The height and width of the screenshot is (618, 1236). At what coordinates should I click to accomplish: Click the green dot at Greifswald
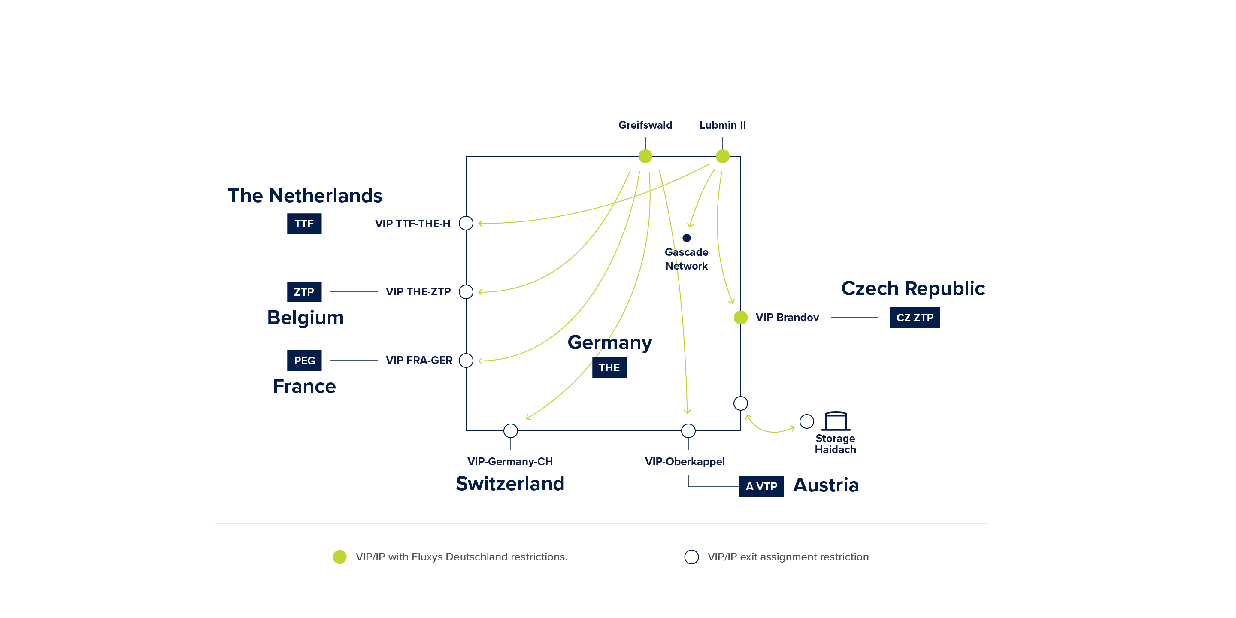[x=645, y=156]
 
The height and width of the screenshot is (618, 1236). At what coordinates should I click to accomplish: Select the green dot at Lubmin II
[x=723, y=156]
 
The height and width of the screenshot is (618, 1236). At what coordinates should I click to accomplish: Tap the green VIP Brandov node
[x=741, y=318]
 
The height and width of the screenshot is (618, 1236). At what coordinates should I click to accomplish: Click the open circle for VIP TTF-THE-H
[x=466, y=224]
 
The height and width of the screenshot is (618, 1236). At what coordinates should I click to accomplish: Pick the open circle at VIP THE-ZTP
[x=466, y=292]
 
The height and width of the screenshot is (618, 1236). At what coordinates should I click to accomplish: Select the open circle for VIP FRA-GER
[x=466, y=360]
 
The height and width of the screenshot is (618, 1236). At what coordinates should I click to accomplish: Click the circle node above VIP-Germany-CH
[x=511, y=431]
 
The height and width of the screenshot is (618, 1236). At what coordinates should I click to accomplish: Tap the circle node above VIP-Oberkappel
[x=688, y=431]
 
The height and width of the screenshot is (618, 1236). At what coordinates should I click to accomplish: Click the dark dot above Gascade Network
[x=687, y=238]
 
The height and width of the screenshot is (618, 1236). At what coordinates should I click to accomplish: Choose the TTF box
[x=304, y=224]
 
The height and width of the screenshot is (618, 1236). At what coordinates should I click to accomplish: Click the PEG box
[x=304, y=361]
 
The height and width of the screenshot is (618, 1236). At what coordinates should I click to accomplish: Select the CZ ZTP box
[x=915, y=318]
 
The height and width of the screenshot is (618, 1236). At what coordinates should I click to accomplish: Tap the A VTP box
[x=761, y=486]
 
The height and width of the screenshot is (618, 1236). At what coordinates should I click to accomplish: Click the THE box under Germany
[x=609, y=367]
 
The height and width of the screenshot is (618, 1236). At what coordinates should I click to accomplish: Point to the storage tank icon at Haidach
[x=836, y=421]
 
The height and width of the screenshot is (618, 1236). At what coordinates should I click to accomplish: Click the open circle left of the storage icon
[x=806, y=421]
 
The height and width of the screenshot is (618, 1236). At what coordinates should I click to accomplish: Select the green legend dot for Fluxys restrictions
[x=340, y=557]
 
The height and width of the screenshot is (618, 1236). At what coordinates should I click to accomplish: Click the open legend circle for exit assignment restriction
[x=691, y=557]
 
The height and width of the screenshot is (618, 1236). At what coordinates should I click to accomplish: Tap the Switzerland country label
[x=510, y=484]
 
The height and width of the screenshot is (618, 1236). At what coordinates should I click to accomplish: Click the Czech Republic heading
[x=912, y=288]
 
